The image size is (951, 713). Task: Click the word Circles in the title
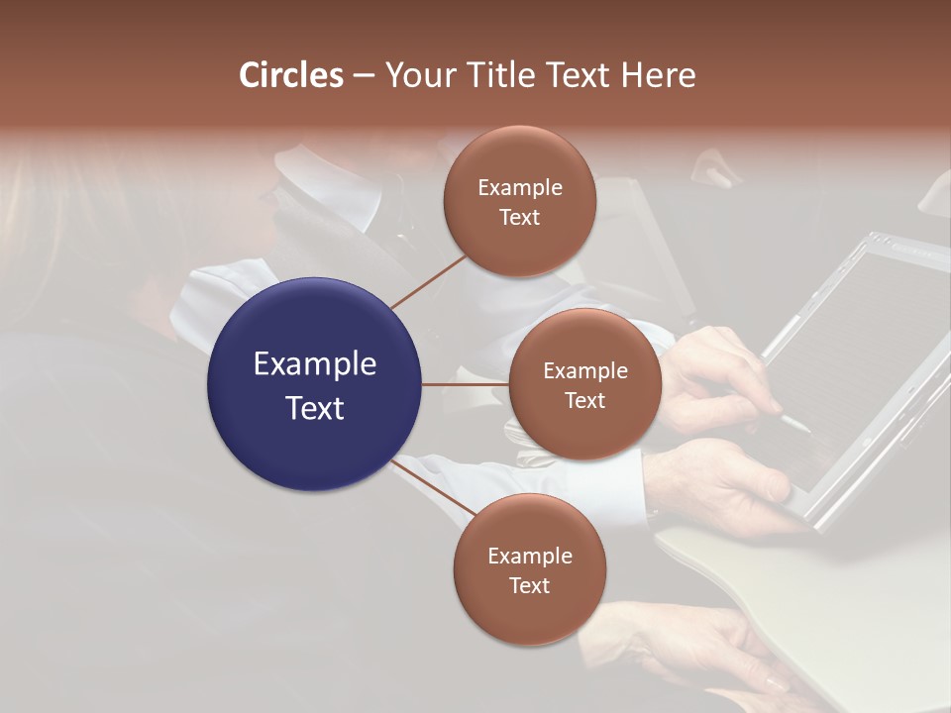291,75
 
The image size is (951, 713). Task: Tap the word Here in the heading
658,75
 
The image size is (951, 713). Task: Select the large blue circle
315,384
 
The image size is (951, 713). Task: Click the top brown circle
519,201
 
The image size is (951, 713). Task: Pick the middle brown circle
584,384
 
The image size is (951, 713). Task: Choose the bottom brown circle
529,569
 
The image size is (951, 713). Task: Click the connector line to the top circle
428,282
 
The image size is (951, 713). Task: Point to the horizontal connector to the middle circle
465,384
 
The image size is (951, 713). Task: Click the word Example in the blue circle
315,363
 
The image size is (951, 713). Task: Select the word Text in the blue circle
315,407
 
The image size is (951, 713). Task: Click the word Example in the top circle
519,187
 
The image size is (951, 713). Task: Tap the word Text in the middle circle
584,400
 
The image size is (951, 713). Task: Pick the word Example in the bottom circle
529,556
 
